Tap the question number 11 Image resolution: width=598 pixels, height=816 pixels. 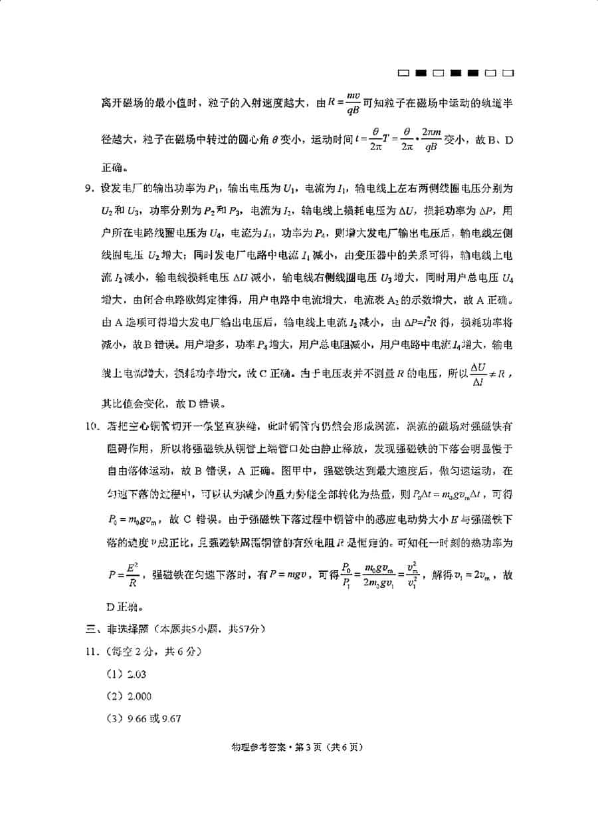[x=90, y=651]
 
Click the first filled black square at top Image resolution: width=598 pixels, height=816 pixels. [x=421, y=72]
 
